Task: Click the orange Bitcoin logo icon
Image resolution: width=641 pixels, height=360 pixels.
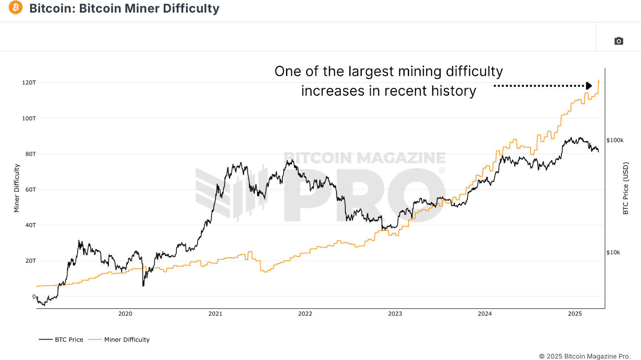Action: point(16,8)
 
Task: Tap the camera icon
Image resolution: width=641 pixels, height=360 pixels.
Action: point(619,41)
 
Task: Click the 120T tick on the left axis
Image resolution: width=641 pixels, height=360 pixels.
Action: point(29,82)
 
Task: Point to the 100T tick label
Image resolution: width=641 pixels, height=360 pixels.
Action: point(29,118)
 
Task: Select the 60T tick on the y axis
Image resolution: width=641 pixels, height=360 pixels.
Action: point(30,189)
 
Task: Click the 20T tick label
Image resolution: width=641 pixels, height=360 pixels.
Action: point(30,261)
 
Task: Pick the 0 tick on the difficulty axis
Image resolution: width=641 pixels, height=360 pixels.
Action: point(34,297)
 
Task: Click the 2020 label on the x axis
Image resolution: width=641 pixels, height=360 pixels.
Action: point(125,314)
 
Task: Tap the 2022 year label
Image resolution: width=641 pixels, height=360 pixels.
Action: point(305,314)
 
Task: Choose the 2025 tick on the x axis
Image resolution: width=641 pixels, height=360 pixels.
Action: point(574,314)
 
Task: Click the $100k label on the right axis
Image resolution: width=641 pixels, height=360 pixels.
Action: point(615,140)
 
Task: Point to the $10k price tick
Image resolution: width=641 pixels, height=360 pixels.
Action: point(613,252)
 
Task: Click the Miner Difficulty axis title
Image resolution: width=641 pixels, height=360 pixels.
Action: point(16,188)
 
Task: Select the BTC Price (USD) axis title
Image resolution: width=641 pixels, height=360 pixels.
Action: point(625,188)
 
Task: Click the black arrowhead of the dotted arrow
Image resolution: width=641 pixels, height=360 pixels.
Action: point(589,86)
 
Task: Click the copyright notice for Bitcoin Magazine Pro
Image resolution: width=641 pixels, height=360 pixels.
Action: point(585,356)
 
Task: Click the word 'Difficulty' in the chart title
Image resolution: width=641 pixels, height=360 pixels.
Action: point(191,8)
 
